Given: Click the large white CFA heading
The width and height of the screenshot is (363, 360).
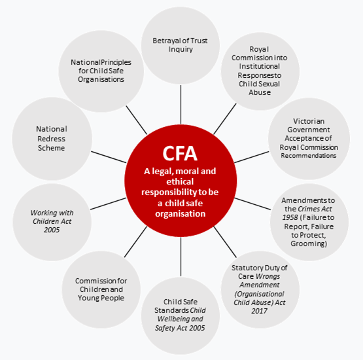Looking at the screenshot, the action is click(180, 153).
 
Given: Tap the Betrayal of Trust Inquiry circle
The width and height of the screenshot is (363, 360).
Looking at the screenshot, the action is click(181, 45).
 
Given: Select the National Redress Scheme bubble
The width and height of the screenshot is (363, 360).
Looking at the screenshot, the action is click(52, 139).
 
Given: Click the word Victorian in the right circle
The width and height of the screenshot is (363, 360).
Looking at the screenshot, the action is click(309, 121).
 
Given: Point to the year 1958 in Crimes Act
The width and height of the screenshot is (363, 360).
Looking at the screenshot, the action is click(290, 217).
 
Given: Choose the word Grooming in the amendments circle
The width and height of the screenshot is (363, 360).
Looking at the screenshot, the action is click(308, 243).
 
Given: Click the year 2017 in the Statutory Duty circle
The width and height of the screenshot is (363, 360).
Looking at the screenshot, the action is click(259, 311).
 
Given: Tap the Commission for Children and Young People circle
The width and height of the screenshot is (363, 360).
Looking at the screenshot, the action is click(101, 289).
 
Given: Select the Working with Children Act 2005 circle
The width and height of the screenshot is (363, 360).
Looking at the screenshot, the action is click(52, 222).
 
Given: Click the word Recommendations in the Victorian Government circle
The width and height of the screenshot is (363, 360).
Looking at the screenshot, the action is click(309, 156).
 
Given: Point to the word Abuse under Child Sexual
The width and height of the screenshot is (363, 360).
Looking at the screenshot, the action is click(260, 92).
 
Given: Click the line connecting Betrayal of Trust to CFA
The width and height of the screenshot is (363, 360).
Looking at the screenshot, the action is click(181, 105).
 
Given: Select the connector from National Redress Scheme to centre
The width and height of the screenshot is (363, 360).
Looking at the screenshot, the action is click(109, 157).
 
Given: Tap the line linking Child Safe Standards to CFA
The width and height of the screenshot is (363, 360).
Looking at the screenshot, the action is click(181, 257).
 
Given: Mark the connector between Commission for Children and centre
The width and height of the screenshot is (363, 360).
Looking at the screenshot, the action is click(135, 242).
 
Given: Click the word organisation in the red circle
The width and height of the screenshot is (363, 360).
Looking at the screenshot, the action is click(180, 213).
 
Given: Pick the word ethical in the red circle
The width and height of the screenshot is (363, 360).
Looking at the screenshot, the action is click(180, 181).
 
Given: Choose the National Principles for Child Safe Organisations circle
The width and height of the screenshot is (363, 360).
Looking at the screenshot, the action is click(101, 71).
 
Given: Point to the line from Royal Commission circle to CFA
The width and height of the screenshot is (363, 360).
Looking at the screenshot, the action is click(225, 119).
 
